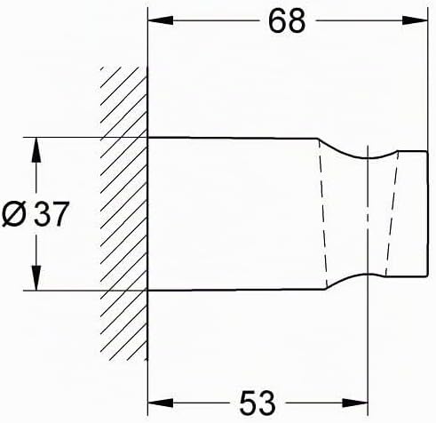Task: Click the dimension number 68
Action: (287, 21)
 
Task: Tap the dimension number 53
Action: (258, 403)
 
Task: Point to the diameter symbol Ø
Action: (13, 214)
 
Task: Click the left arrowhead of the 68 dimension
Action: (160, 20)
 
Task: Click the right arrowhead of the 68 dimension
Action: (416, 20)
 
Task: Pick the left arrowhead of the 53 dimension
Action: (160, 403)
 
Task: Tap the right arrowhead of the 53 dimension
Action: (355, 403)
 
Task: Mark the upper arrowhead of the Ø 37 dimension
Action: (36, 150)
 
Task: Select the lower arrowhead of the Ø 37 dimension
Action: (36, 278)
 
